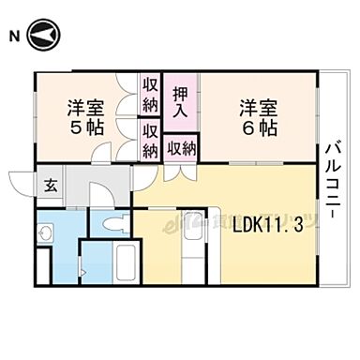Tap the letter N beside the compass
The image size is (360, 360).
(x=13, y=37)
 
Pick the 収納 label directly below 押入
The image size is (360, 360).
(x=181, y=148)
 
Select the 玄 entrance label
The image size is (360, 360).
(x=50, y=184)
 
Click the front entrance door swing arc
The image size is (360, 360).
(x=22, y=184)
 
